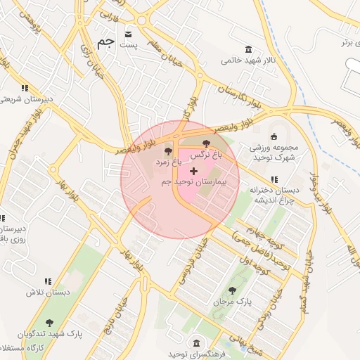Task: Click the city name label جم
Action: pyautogui.click(x=105, y=44)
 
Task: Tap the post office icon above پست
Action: pyautogui.click(x=128, y=33)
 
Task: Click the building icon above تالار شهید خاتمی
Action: pyautogui.click(x=248, y=49)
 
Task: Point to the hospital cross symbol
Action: pyautogui.click(x=193, y=171)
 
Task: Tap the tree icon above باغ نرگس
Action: pyautogui.click(x=206, y=143)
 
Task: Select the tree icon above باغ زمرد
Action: pyautogui.click(x=167, y=151)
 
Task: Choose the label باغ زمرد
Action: pyautogui.click(x=169, y=162)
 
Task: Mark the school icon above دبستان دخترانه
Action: pyautogui.click(x=293, y=180)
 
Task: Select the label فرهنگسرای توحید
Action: pyautogui.click(x=195, y=354)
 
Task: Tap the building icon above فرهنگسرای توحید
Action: pyautogui.click(x=195, y=343)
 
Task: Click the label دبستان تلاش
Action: pyautogui.click(x=41, y=292)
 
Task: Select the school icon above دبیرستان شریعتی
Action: pyautogui.click(x=25, y=88)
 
